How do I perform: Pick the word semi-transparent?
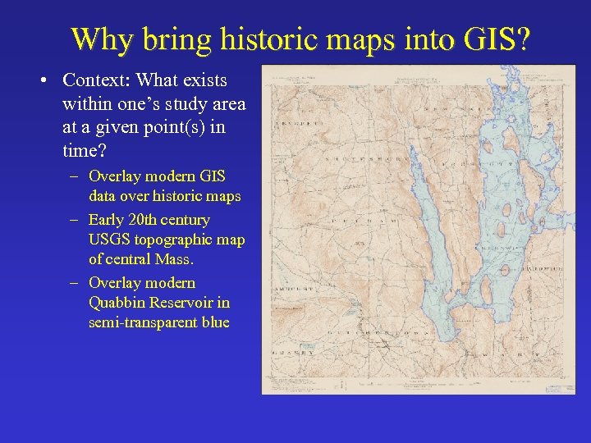pyautogui.click(x=144, y=322)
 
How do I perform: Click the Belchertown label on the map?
pyautogui.click(x=369, y=332)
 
